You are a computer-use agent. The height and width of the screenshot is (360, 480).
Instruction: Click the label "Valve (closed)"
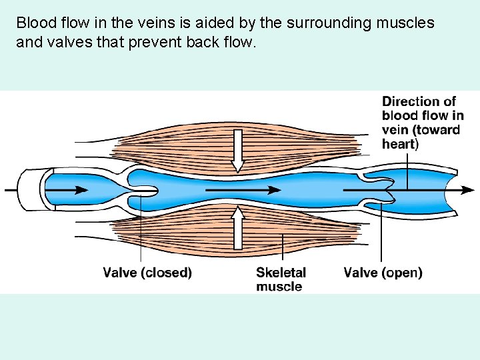click(x=147, y=273)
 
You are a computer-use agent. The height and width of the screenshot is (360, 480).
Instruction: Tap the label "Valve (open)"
click(x=383, y=273)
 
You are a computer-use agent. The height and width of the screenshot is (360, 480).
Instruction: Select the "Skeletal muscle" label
click(x=281, y=279)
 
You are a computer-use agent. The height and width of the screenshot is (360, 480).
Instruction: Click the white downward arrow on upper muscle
click(x=237, y=150)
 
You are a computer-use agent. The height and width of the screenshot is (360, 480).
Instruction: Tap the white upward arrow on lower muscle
click(x=237, y=227)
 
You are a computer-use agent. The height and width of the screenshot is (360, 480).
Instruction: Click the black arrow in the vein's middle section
click(x=243, y=190)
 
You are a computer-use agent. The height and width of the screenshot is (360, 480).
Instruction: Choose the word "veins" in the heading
click(x=137, y=23)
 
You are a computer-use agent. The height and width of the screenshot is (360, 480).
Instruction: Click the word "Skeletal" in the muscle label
click(x=281, y=273)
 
